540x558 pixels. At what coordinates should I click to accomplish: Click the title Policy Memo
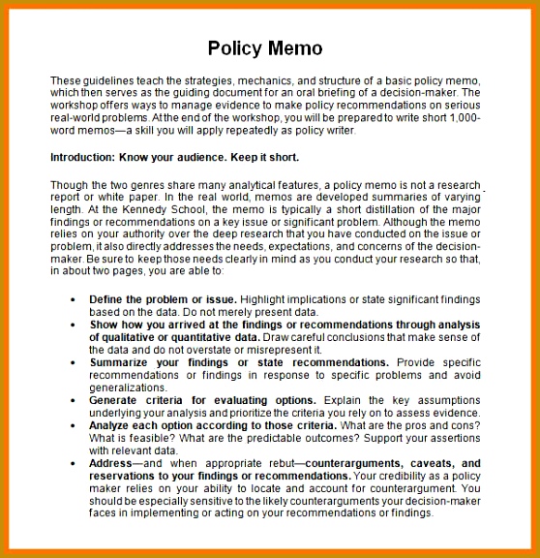point(265,47)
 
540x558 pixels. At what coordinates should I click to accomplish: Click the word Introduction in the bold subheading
point(84,156)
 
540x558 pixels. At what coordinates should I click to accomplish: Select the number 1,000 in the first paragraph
point(465,117)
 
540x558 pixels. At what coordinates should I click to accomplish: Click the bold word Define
point(108,300)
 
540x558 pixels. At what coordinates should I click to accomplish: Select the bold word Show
point(105,325)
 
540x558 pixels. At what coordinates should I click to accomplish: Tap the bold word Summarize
point(123,361)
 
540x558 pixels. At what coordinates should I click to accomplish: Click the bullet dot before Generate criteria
point(73,399)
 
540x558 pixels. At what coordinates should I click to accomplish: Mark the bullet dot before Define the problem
point(73,300)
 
